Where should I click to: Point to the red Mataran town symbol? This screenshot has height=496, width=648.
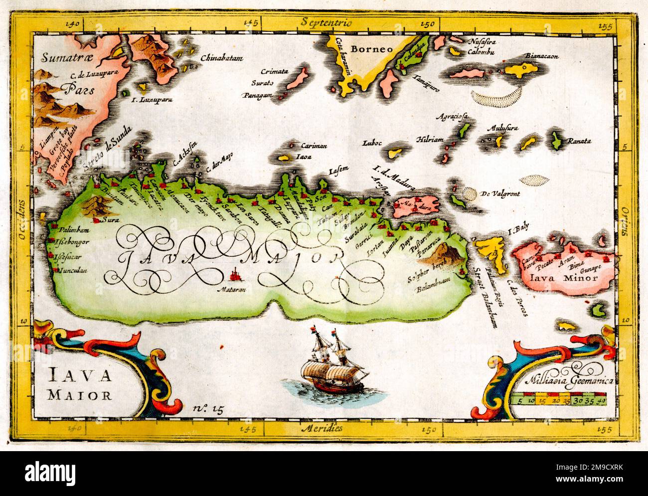pyautogui.click(x=234, y=274)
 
